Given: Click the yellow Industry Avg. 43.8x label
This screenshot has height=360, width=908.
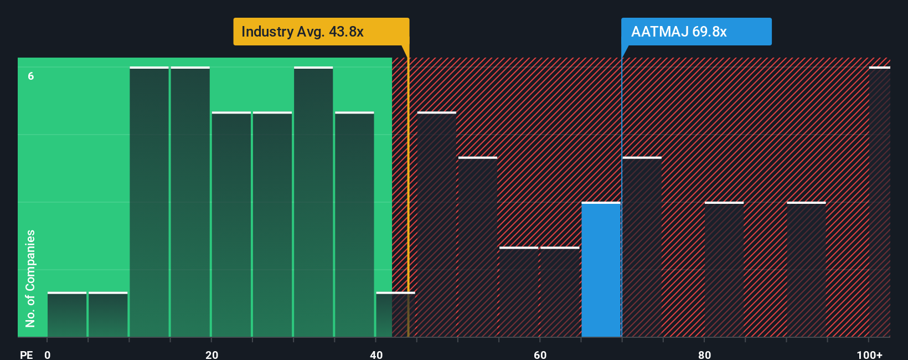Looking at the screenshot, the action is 321,32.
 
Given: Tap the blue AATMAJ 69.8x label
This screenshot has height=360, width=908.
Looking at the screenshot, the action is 696,32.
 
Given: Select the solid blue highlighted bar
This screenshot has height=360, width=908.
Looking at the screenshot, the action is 601,270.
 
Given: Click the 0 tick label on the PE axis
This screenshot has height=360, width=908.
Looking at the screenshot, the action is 48,355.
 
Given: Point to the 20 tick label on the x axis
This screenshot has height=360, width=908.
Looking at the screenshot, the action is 211,355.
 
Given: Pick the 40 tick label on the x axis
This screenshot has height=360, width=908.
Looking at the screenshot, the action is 376,355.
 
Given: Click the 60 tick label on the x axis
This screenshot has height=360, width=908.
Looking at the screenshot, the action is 540,355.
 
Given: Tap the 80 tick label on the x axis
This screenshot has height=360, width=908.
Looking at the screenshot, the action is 704,355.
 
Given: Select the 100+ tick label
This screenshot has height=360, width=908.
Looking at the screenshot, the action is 869,355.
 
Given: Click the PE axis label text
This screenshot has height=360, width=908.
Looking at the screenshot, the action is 27,355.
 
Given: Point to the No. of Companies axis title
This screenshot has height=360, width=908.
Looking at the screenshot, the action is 30,279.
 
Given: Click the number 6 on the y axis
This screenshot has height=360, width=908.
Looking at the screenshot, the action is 31,76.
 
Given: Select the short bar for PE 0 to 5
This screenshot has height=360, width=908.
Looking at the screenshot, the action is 67,315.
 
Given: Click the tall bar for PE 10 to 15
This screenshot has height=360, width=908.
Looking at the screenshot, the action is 149,202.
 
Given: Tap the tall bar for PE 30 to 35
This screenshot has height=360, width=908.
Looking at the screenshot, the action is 313,202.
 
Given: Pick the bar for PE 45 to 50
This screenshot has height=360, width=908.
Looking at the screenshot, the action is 437,225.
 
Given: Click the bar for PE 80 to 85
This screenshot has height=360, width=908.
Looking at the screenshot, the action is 724,270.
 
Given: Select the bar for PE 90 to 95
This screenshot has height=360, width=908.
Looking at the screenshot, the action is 806,270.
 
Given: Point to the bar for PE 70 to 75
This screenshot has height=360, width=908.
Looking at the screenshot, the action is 642,247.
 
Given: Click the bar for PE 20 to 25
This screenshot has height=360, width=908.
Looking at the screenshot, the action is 231,225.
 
